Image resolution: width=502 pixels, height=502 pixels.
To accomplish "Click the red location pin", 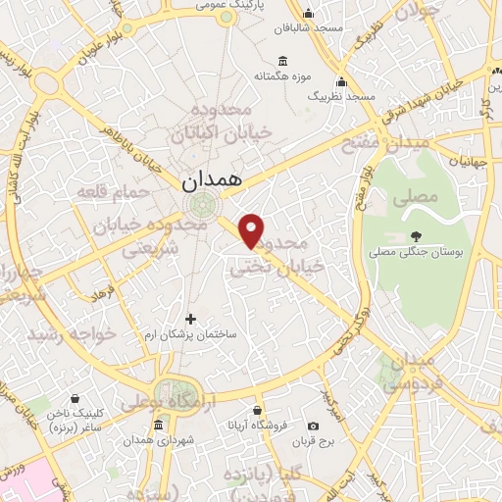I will [x=253, y=229].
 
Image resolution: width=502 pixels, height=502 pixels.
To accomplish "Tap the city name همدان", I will [x=209, y=181].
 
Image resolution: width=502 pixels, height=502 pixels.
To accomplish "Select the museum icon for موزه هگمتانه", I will [x=282, y=59].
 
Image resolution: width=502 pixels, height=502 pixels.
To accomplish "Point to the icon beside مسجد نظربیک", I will [x=342, y=81].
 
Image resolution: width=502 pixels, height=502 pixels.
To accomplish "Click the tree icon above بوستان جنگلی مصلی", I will [x=416, y=235].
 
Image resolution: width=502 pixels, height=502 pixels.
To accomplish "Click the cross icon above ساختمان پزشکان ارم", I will [x=190, y=319].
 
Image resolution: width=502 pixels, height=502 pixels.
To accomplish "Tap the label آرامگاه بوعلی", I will [x=163, y=404].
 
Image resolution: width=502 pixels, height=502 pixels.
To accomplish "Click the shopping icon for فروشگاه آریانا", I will [x=257, y=411].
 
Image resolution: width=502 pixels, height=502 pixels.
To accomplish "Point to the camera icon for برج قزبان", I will [x=313, y=426].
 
